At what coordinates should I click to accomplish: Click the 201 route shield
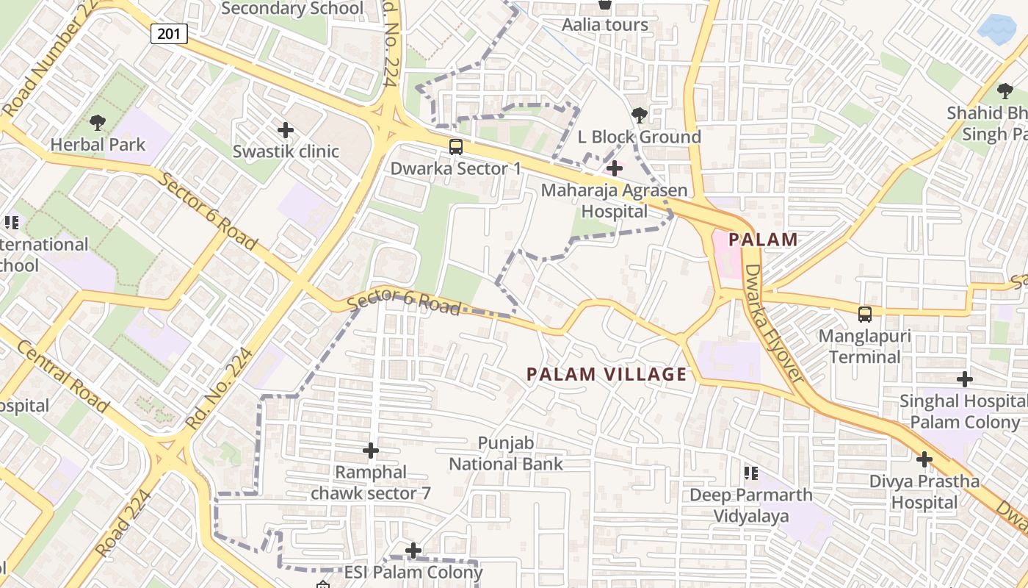tap(170, 34)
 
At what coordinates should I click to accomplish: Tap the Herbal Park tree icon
tap(97, 123)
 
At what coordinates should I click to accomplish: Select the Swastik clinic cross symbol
tap(286, 131)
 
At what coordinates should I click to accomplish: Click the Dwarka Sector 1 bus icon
tap(456, 147)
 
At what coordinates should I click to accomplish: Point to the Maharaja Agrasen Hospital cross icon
tap(615, 169)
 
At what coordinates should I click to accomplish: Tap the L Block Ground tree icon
tap(639, 115)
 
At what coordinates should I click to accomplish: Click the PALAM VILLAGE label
tap(607, 374)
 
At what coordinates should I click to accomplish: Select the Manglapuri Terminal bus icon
tap(865, 315)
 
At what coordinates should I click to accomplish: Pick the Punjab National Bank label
tap(505, 453)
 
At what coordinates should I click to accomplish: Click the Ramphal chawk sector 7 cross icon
tap(371, 450)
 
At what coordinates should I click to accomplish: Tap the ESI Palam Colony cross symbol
tap(413, 550)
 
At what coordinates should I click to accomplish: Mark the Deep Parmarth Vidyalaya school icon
tap(750, 473)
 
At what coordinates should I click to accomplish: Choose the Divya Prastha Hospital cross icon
tap(924, 460)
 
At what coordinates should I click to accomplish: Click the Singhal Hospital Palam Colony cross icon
tap(965, 379)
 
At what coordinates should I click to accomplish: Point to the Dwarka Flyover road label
tap(775, 323)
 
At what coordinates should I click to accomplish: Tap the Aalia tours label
tap(605, 25)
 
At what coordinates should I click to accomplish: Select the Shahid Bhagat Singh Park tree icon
tap(1005, 91)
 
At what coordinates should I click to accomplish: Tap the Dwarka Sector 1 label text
tap(456, 168)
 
